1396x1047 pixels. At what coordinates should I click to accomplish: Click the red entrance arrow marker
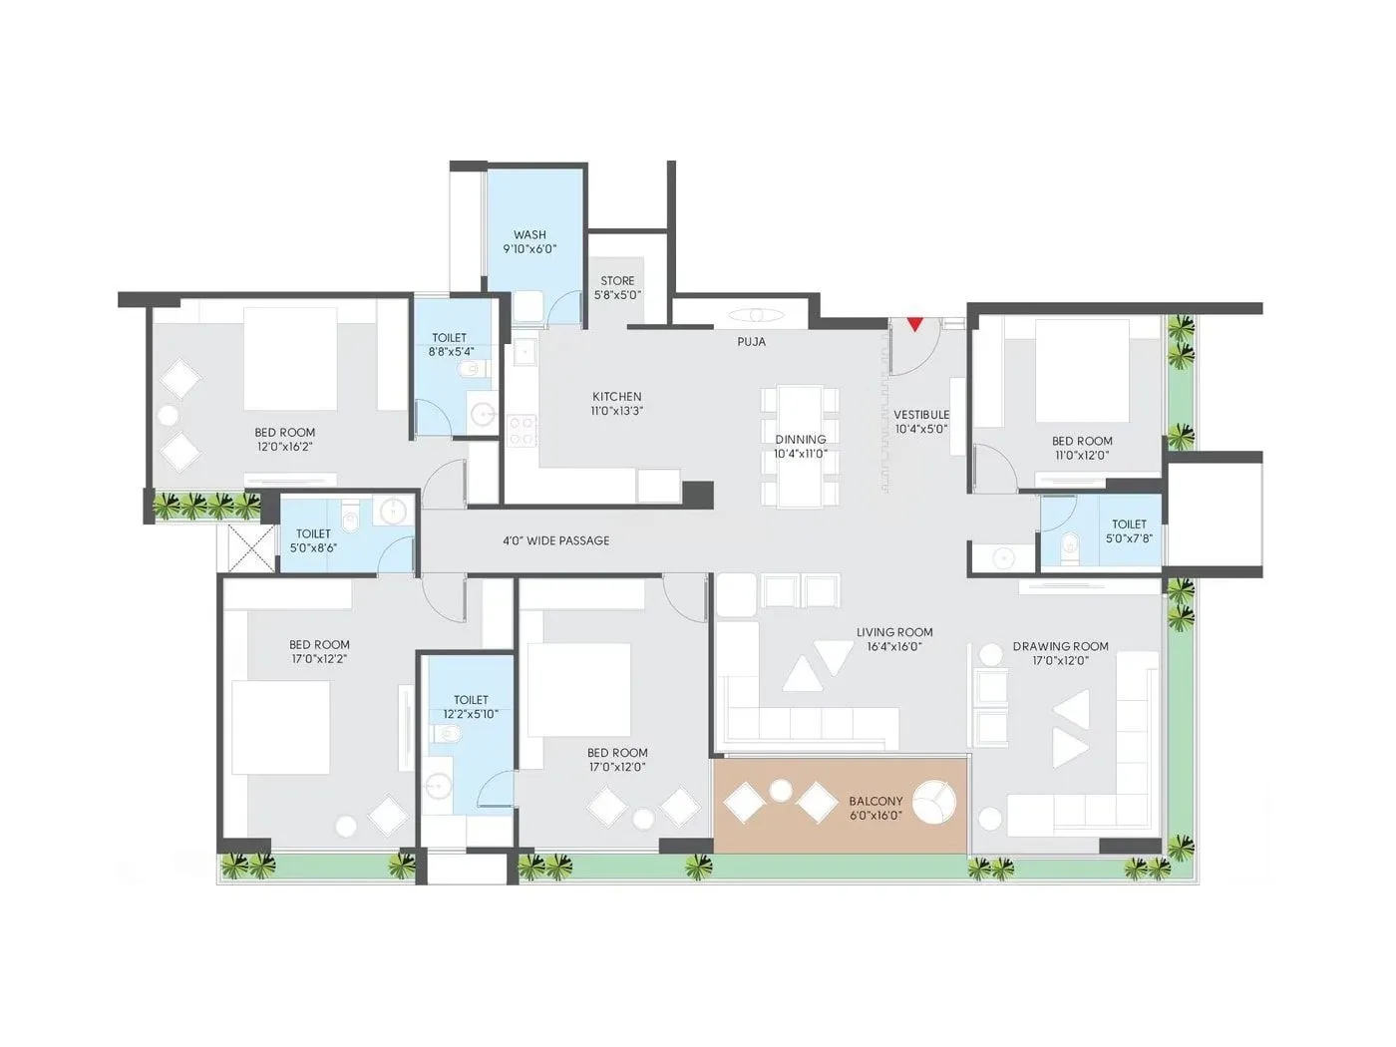click(914, 324)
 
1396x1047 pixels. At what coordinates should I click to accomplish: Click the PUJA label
click(752, 342)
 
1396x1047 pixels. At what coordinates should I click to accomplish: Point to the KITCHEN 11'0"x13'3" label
click(616, 403)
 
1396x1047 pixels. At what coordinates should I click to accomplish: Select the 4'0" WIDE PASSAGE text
click(555, 540)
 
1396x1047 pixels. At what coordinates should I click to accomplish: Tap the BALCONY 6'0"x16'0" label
click(875, 808)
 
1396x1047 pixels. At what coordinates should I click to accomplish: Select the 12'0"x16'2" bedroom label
click(284, 440)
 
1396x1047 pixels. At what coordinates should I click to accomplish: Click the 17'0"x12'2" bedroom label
click(319, 651)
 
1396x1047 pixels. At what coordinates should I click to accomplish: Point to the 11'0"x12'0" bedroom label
click(1082, 448)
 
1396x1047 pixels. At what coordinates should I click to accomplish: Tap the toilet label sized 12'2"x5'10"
click(471, 707)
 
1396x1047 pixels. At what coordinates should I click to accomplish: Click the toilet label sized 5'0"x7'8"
click(1129, 530)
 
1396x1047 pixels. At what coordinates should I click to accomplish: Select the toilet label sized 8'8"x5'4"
click(450, 344)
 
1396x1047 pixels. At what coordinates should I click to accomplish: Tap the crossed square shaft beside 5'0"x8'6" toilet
click(246, 546)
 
